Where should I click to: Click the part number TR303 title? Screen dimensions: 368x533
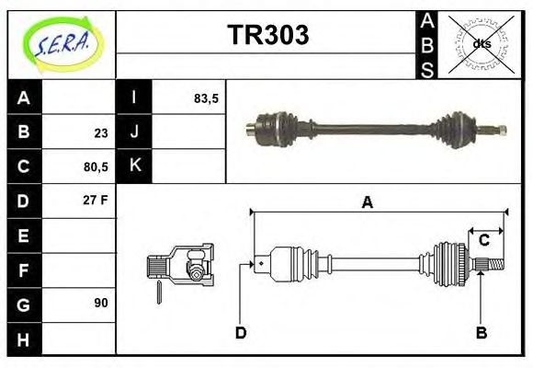[267, 36]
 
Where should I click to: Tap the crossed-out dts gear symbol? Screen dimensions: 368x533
[480, 43]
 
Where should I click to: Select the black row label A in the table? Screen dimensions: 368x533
[24, 98]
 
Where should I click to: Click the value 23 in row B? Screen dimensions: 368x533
[101, 132]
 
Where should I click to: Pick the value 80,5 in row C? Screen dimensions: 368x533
[96, 167]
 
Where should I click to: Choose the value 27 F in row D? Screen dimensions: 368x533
[96, 200]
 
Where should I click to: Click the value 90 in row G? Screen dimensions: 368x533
[101, 302]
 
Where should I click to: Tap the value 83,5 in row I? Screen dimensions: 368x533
[206, 98]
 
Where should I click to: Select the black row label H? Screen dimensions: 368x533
[24, 338]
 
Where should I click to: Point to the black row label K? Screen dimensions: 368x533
[134, 166]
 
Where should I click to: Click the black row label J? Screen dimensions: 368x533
[134, 132]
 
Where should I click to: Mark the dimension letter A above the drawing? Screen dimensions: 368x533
[368, 202]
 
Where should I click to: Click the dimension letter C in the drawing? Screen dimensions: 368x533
[483, 241]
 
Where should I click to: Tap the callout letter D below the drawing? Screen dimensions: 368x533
[241, 333]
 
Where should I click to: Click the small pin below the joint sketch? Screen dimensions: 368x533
[159, 292]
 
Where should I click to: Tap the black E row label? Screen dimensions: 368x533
[24, 236]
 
